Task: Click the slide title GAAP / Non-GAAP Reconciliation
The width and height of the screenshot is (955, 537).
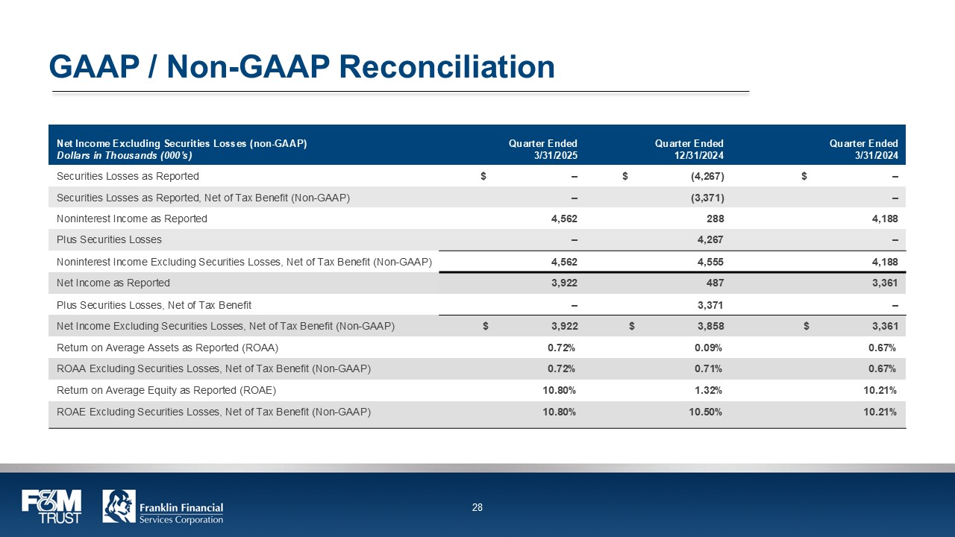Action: click(x=301, y=66)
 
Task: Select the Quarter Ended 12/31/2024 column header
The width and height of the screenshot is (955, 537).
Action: click(x=689, y=149)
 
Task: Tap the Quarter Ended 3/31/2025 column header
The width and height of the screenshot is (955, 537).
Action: click(x=542, y=149)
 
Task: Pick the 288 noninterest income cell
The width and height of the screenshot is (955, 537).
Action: click(x=715, y=219)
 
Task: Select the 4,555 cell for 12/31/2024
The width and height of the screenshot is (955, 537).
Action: click(x=710, y=262)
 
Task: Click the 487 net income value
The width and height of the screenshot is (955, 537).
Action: click(x=715, y=283)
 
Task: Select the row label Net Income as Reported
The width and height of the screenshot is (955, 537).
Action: click(x=113, y=283)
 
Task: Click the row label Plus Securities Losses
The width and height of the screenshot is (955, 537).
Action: click(x=109, y=240)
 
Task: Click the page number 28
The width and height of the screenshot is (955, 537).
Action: click(x=477, y=508)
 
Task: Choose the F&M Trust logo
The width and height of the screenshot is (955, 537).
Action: click(x=51, y=506)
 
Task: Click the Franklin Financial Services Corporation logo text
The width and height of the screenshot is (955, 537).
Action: click(x=181, y=513)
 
